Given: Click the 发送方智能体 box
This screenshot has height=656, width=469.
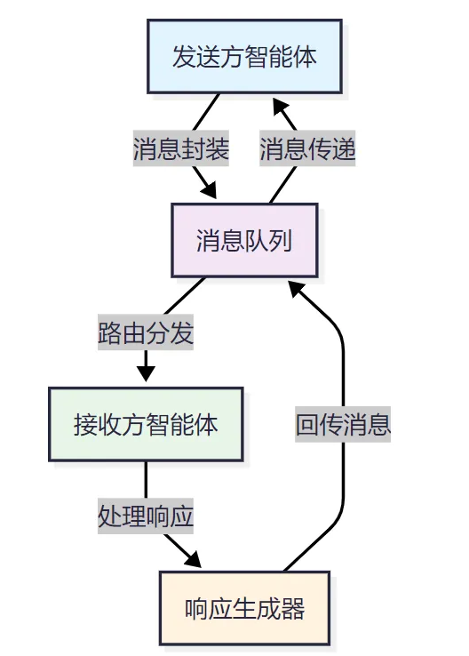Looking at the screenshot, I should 244,57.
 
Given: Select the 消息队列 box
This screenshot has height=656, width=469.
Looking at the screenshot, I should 244,241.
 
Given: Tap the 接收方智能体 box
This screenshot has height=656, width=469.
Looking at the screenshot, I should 146,424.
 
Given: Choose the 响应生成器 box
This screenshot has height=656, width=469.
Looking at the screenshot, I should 244,608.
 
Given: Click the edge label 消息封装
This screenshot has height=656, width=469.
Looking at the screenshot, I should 181,149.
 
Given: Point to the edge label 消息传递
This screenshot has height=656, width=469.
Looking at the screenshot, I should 307,149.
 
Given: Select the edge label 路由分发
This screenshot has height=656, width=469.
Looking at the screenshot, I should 146,333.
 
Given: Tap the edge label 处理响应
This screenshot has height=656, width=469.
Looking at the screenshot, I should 146,516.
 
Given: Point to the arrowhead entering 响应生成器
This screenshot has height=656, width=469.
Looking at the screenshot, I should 195,561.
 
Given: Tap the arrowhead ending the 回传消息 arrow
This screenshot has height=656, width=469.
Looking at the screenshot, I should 297,288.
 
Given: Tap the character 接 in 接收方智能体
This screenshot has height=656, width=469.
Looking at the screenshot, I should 85,424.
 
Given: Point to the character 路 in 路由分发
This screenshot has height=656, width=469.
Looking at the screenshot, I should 110,333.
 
